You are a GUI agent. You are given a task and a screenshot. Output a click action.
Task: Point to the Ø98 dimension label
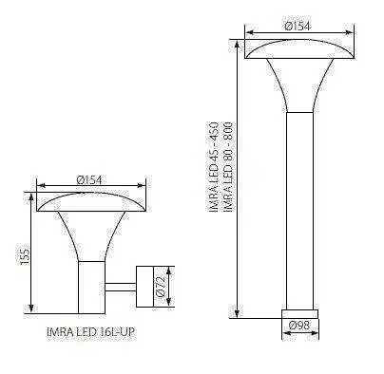[300, 327]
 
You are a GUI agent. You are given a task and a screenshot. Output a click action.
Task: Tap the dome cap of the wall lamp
[88, 200]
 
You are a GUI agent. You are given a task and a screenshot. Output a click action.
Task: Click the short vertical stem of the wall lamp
[90, 285]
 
